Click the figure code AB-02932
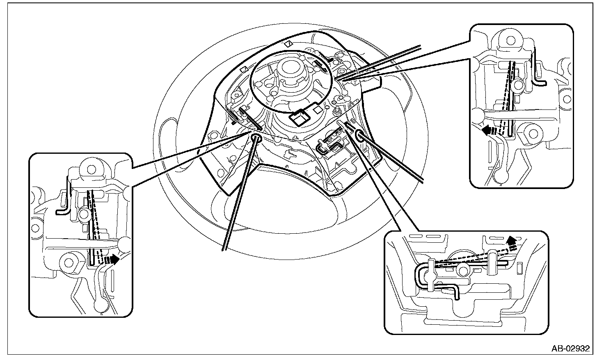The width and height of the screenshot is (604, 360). coord(570,349)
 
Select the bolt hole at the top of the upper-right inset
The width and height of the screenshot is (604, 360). coord(510,41)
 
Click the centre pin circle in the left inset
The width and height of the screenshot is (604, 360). coord(85,213)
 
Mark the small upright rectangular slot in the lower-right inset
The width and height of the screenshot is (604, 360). coord(519,269)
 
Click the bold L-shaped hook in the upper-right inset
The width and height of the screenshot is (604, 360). coord(539,72)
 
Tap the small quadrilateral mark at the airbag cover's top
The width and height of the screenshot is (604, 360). coord(288,43)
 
